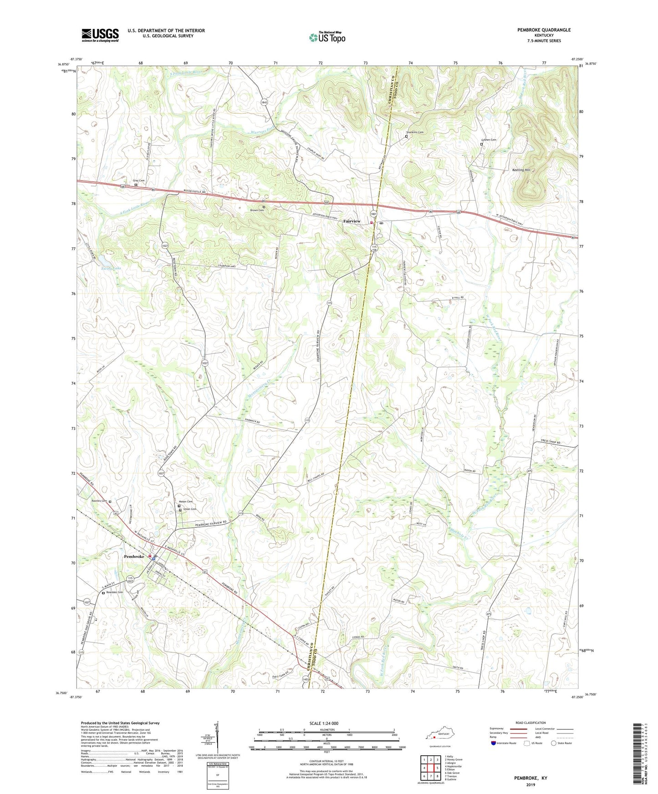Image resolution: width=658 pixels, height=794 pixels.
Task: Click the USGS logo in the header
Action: point(100,35)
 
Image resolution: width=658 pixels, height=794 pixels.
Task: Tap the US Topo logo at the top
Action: point(327,37)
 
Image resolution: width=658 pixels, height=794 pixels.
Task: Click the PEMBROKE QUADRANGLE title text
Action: point(544,30)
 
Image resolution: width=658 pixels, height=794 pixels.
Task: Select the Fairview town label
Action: point(352,221)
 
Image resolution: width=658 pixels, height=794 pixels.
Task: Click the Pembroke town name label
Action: point(134,557)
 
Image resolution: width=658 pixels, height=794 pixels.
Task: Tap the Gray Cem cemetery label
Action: point(138,181)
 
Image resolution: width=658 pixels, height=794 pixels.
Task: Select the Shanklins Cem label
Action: point(414,132)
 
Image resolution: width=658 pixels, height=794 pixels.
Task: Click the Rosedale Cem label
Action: point(114,592)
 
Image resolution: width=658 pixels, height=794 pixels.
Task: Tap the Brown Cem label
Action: point(257,210)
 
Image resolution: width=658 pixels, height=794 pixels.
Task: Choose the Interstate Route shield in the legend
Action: point(493,743)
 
